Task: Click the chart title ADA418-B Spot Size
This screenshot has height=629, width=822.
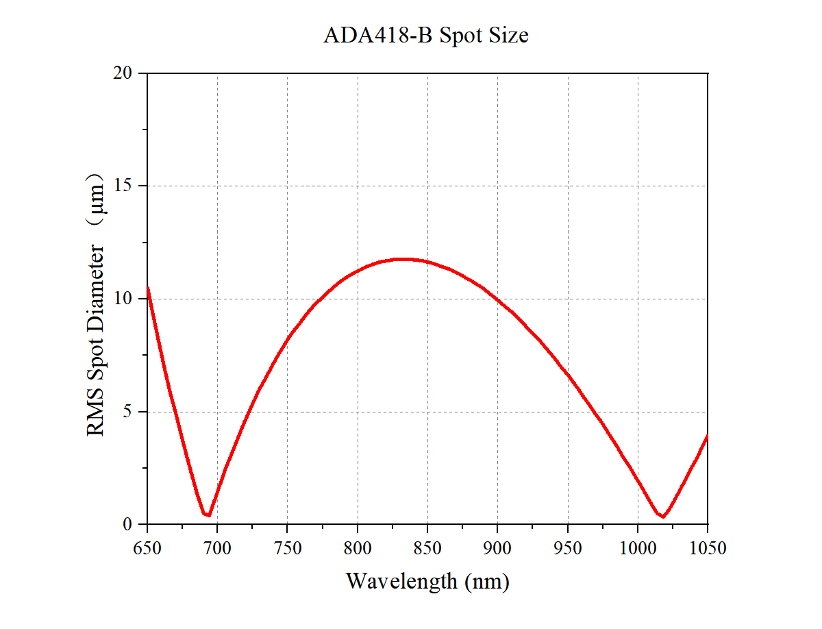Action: pyautogui.click(x=425, y=36)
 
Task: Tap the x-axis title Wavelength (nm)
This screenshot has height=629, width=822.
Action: pyautogui.click(x=427, y=582)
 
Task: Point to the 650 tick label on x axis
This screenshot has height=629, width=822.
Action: pyautogui.click(x=147, y=548)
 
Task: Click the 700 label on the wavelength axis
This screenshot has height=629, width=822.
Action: pyautogui.click(x=217, y=548)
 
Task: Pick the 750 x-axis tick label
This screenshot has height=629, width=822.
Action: pyautogui.click(x=287, y=548)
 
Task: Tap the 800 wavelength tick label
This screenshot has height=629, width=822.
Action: pyautogui.click(x=358, y=548)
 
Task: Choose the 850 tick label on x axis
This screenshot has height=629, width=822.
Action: pyautogui.click(x=427, y=548)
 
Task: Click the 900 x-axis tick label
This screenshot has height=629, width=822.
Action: pyautogui.click(x=497, y=548)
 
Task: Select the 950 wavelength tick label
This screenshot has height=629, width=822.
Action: pyautogui.click(x=568, y=548)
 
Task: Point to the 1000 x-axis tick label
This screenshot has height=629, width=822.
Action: pyautogui.click(x=638, y=548)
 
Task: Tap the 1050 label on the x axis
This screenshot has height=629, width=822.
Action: pyautogui.click(x=708, y=548)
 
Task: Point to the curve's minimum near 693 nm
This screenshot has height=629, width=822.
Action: pyautogui.click(x=208, y=515)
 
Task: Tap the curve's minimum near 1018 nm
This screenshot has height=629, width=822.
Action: pyautogui.click(x=663, y=516)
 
